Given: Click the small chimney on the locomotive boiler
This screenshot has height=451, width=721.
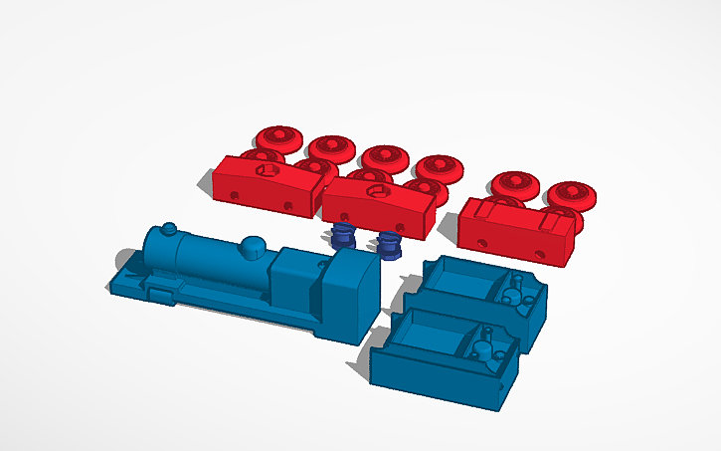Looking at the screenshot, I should [x=169, y=229].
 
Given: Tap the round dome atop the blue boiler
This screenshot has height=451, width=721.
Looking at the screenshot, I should [x=254, y=243].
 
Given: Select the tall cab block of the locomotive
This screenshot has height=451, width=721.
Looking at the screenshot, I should [x=350, y=294].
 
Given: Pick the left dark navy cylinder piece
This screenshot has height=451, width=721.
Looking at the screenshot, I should [x=342, y=237].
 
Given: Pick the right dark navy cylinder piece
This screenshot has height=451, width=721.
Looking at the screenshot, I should [x=390, y=243].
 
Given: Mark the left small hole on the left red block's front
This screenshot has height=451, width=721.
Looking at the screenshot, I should [x=234, y=193].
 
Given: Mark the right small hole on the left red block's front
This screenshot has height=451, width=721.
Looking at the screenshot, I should [x=287, y=206].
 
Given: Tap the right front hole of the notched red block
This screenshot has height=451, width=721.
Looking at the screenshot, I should [x=540, y=254].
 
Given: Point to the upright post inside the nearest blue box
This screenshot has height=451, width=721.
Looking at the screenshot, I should [x=485, y=343].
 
